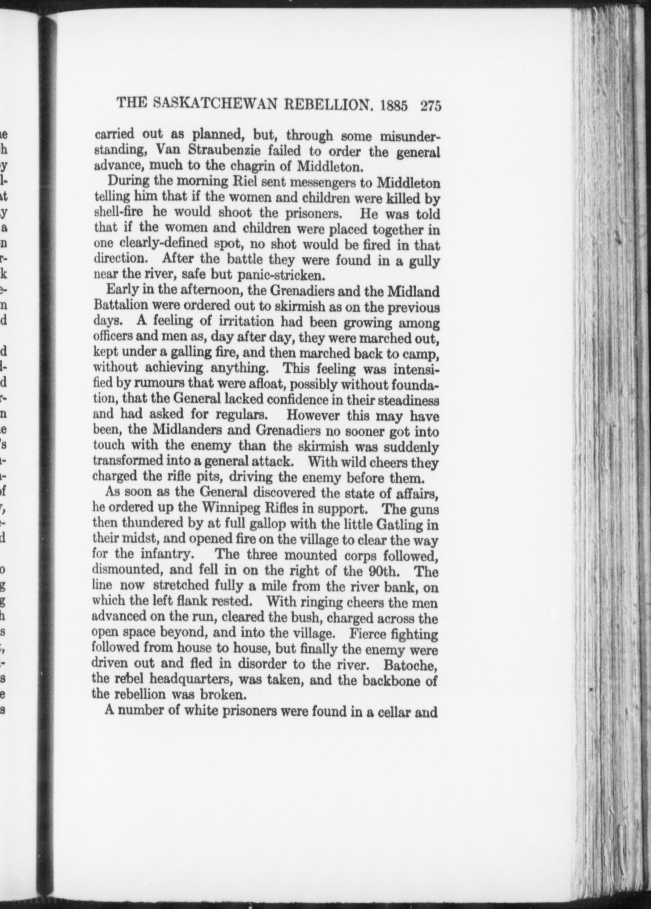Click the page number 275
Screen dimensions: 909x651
431,106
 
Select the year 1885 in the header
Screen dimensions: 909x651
393,106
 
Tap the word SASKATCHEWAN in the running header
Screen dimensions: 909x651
216,105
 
